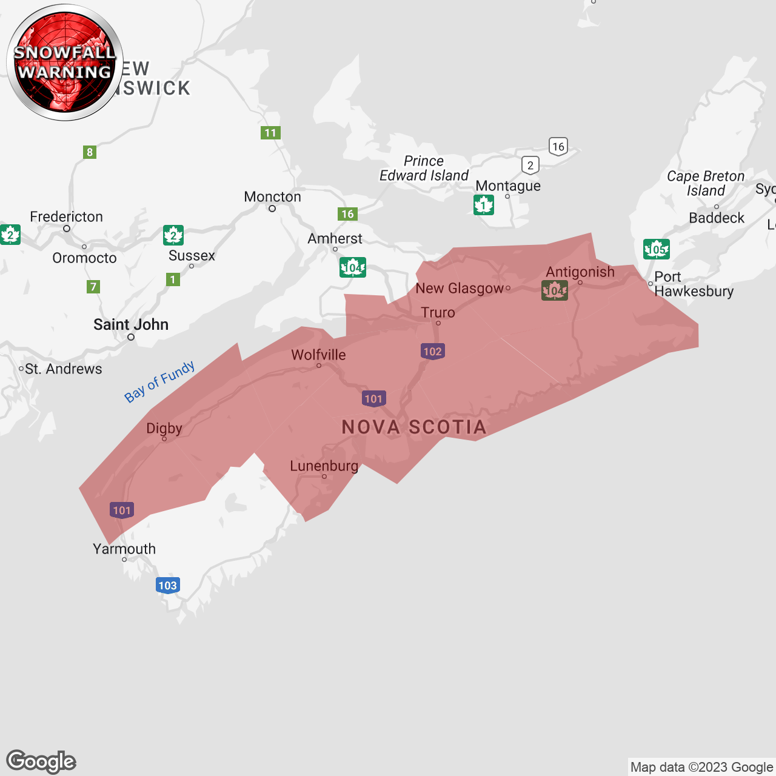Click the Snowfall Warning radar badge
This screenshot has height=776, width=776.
point(65,62)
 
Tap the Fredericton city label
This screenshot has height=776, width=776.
point(66,217)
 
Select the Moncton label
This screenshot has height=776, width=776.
point(272,197)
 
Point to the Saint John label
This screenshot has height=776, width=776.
point(131,325)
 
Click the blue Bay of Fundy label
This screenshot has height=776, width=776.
point(159,382)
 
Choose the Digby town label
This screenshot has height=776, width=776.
point(164,429)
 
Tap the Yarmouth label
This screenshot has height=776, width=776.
point(124,549)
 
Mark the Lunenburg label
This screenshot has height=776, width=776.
point(324,466)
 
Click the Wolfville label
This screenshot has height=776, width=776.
point(318,355)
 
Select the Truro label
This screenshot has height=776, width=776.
point(438,313)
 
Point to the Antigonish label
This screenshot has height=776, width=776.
point(580,272)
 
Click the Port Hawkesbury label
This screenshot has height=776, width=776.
point(694,284)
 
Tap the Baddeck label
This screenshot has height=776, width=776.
point(717,218)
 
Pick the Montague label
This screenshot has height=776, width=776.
point(508,186)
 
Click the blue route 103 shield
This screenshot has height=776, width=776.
point(167,586)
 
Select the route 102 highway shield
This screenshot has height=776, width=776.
point(432,352)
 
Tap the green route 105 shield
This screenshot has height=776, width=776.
point(656,249)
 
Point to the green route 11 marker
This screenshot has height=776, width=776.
point(270,133)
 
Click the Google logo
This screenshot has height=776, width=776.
point(41,761)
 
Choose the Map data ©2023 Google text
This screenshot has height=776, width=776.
point(701,768)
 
